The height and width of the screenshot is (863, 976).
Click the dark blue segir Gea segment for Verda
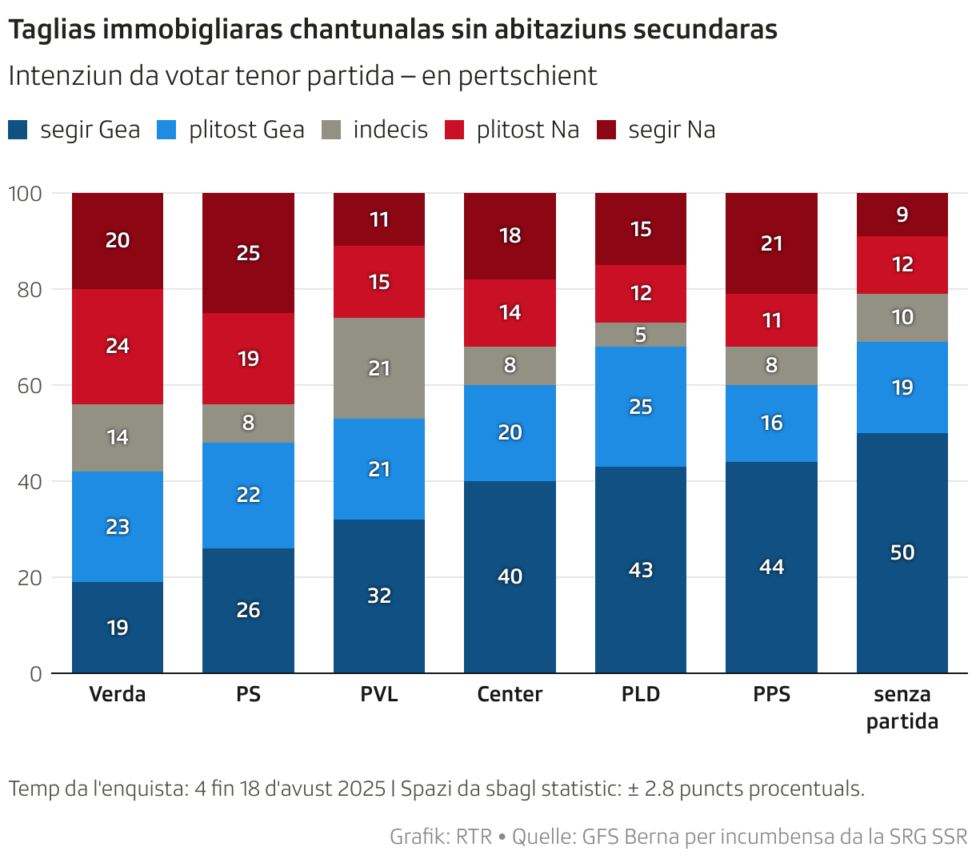pyautogui.click(x=118, y=627)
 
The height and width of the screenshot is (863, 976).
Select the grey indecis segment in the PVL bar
pyautogui.click(x=379, y=368)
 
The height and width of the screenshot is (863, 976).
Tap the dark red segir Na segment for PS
pyautogui.click(x=248, y=253)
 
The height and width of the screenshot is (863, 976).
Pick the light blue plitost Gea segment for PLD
pyautogui.click(x=641, y=407)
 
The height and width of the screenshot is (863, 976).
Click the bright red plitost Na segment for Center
pyautogui.click(x=510, y=313)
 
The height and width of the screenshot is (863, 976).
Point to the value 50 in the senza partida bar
pyautogui.click(x=902, y=552)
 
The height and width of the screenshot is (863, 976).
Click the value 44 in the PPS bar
pyautogui.click(x=771, y=567)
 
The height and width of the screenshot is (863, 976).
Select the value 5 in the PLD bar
pyautogui.click(x=641, y=335)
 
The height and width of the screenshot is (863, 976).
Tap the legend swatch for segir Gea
pyautogui.click(x=18, y=130)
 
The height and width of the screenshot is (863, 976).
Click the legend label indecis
pyautogui.click(x=390, y=130)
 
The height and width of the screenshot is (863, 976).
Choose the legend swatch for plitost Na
pyautogui.click(x=454, y=130)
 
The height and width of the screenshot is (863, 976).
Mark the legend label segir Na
pyautogui.click(x=672, y=130)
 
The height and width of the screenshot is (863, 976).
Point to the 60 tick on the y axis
pyautogui.click(x=30, y=385)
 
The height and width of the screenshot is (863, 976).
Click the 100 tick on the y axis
pyautogui.click(x=25, y=193)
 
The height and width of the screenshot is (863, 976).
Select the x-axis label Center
pyautogui.click(x=510, y=694)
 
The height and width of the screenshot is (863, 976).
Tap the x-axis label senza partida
pyautogui.click(x=902, y=708)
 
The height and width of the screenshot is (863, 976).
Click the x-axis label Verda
pyautogui.click(x=118, y=694)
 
